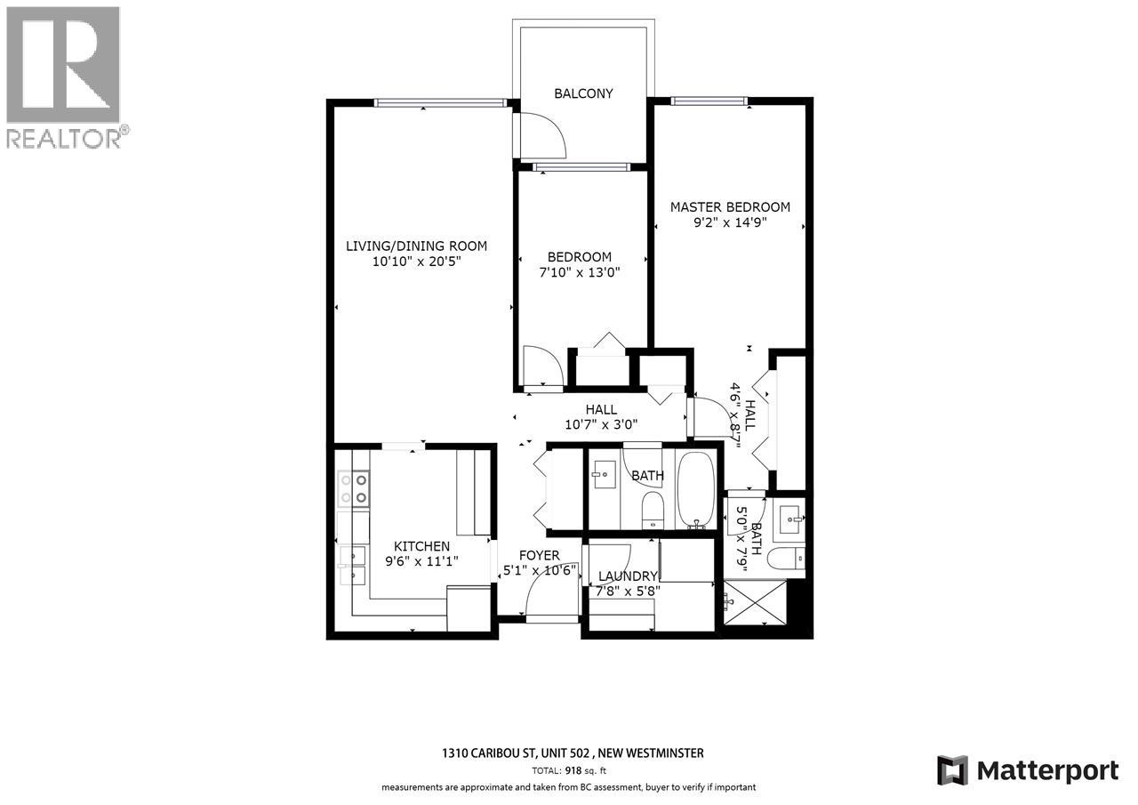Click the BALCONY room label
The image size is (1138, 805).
pos(583,93)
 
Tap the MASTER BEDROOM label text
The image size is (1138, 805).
pos(730,207)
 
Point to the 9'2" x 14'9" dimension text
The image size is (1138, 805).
pos(730,224)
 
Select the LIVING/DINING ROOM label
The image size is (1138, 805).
pos(416,246)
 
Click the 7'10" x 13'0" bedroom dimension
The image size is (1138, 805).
pos(579,273)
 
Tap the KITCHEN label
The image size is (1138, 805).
pos(422,546)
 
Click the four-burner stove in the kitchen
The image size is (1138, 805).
pos(353,489)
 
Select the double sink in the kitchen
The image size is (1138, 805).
pos(352,563)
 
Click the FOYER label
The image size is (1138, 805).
pos(540,556)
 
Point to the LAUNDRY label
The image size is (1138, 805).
pos(628,576)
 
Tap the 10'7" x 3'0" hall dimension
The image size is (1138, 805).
pos(601,425)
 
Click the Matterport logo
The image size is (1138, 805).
pos(1029,769)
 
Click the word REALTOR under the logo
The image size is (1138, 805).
pos(62,138)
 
